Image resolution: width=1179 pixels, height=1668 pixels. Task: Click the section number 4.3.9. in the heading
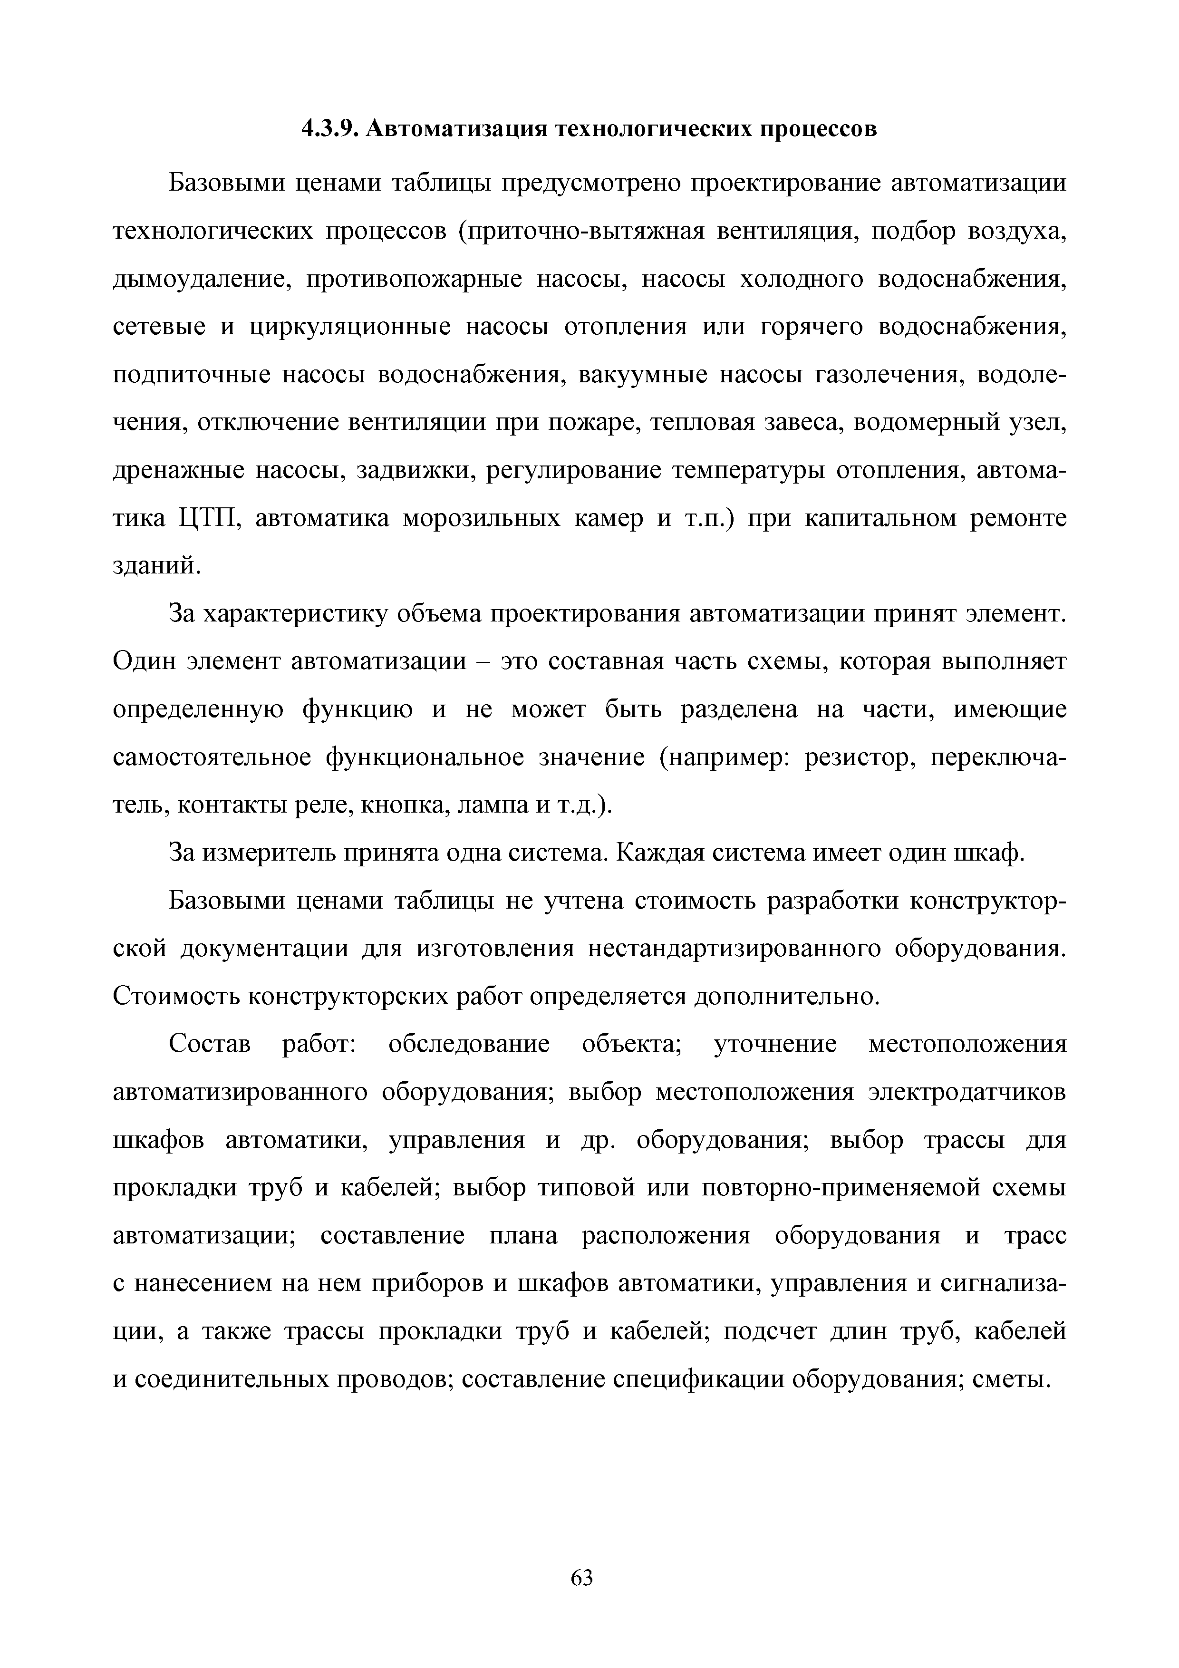click(330, 129)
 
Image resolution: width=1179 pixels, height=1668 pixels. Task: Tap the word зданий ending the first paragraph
click(154, 567)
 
